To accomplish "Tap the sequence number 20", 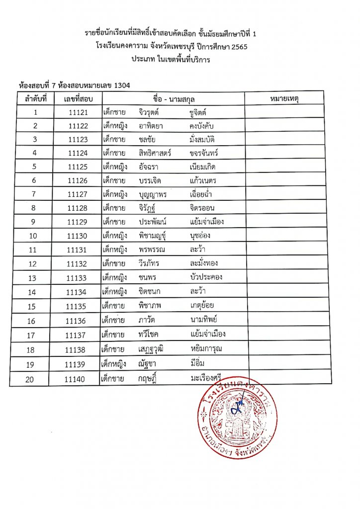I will (x=35, y=379).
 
